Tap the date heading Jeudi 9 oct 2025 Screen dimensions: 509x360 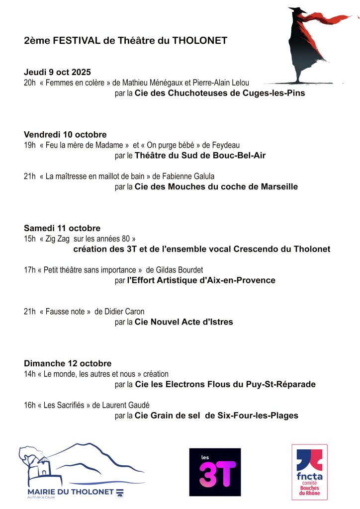[x=57, y=73]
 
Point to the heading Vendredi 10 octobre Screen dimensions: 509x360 [x=65, y=135]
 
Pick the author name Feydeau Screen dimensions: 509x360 [x=226, y=145]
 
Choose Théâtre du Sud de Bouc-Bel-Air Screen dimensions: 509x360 [x=200, y=156]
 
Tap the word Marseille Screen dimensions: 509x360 [x=279, y=187]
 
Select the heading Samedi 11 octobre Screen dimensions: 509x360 [x=62, y=228]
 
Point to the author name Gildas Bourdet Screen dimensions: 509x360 [x=182, y=270]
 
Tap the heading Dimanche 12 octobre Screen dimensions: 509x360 [x=68, y=363]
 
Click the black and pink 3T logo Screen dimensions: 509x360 [x=215, y=472]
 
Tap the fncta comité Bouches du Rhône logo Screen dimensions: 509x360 [x=309, y=472]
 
